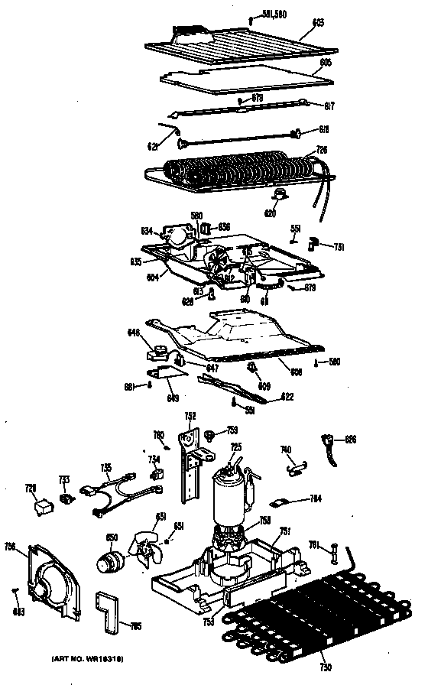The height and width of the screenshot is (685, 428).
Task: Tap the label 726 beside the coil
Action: [322, 150]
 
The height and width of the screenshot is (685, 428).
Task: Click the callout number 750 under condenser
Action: [325, 670]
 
